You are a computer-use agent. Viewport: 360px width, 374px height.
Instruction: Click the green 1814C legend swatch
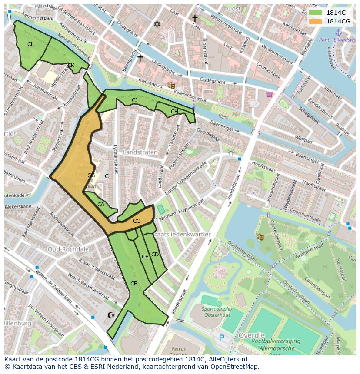click(x=316, y=13)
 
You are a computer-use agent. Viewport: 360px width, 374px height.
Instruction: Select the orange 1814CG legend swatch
click(x=316, y=21)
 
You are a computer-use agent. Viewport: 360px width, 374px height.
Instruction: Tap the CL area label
click(x=30, y=44)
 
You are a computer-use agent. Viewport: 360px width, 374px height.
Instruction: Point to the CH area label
click(x=174, y=112)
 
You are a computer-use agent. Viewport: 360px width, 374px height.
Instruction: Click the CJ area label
click(x=135, y=100)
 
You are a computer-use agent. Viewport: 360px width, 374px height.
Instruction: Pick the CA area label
click(x=101, y=205)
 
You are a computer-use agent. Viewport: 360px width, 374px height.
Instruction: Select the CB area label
click(x=134, y=284)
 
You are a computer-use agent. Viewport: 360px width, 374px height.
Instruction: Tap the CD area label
click(x=155, y=255)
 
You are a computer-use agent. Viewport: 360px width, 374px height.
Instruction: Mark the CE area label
click(x=145, y=257)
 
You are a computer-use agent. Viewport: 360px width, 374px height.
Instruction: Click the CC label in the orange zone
click(x=137, y=221)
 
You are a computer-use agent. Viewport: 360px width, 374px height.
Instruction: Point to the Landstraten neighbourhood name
click(x=140, y=152)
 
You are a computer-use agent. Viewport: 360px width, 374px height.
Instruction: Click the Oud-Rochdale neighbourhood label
click(x=68, y=249)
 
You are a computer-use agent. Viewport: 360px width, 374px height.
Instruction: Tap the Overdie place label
click(x=251, y=335)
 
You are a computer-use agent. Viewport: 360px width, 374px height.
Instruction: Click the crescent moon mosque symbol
click(x=112, y=315)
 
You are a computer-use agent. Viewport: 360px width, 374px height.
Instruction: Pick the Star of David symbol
click(x=157, y=24)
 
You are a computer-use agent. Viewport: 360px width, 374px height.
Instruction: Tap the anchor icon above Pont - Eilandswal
click(x=339, y=32)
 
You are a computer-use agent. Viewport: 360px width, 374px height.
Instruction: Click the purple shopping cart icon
click(x=270, y=94)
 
